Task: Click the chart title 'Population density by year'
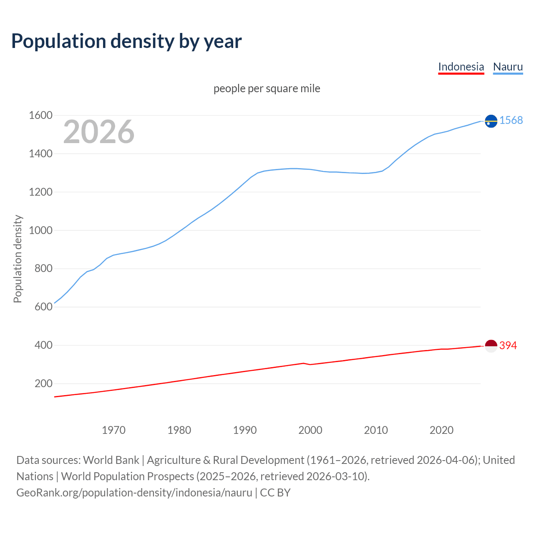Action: pos(126,41)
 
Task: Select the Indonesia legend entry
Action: pos(461,67)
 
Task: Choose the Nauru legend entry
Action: pos(508,67)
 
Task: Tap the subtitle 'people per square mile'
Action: pos(267,88)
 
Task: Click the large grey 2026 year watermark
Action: pos(99,132)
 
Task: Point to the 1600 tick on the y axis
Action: pos(40,116)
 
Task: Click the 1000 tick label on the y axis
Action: pos(40,230)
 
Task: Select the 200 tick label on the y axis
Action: pos(43,383)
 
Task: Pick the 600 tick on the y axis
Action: pos(43,307)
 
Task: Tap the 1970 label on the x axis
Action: pos(113,430)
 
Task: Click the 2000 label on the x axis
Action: pos(310,430)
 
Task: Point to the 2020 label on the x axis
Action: pos(441,430)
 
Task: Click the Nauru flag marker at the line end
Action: pos(491,121)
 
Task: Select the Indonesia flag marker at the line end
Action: pos(491,346)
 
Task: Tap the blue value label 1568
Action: pos(511,121)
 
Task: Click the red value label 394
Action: pos(508,346)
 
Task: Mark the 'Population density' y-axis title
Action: pos(18,259)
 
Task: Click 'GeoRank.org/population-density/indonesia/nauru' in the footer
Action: pos(134,493)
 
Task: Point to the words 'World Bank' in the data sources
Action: pos(111,460)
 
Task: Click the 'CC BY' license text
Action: pos(275,493)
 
